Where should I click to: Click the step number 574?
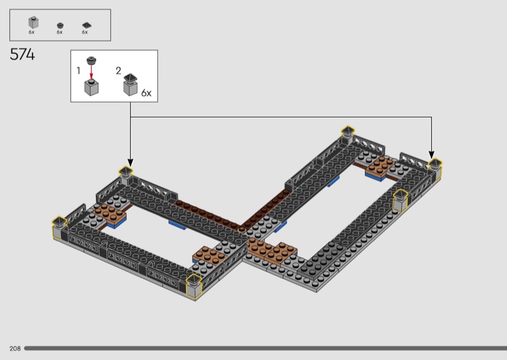click(22, 55)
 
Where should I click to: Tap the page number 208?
click(15, 349)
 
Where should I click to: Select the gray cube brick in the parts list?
click(34, 23)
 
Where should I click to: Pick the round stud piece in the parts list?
click(60, 25)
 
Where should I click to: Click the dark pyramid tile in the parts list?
click(87, 25)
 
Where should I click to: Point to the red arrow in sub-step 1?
click(91, 72)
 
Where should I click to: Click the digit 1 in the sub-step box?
click(78, 70)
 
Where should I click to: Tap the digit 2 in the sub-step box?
click(119, 70)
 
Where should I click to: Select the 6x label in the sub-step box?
click(146, 93)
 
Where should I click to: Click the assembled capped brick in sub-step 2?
click(131, 85)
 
